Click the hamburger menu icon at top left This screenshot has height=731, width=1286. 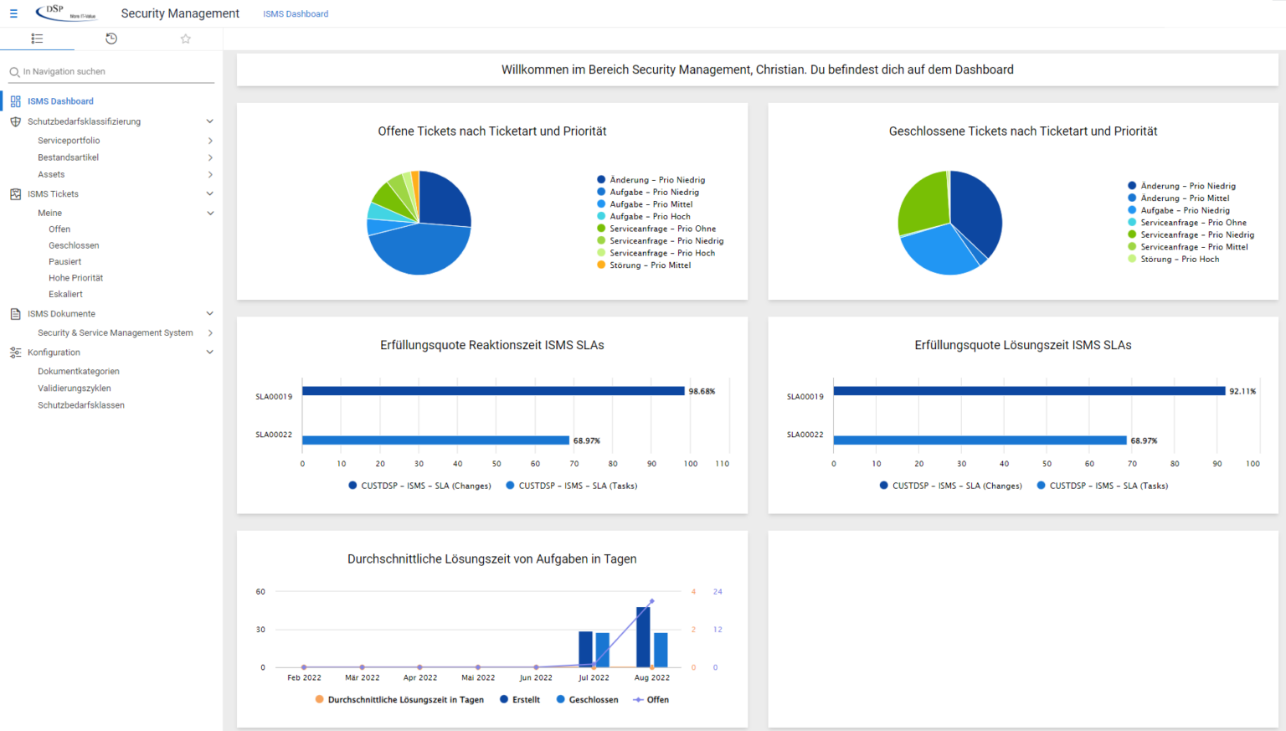click(x=13, y=13)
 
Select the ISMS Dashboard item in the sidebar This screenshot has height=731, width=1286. click(x=60, y=101)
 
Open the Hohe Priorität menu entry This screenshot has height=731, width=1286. click(x=75, y=278)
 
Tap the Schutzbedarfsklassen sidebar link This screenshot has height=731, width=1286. click(x=80, y=405)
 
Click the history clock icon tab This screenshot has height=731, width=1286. click(x=111, y=39)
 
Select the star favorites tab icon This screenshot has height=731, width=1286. click(x=186, y=39)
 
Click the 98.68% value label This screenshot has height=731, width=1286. click(x=702, y=391)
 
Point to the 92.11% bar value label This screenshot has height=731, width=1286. click(x=1242, y=391)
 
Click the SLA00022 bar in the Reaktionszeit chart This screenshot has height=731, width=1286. click(x=435, y=440)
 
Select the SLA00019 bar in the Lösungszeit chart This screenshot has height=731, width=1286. click(x=1028, y=391)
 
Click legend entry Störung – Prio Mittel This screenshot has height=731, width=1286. click(x=650, y=265)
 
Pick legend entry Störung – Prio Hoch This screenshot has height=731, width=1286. click(x=1179, y=260)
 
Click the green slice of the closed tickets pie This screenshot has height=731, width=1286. click(x=921, y=205)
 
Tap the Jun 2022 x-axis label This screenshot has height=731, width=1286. click(x=536, y=678)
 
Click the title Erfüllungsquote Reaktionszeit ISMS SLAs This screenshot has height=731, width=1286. click(x=491, y=345)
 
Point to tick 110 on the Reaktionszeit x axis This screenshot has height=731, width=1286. click(x=722, y=464)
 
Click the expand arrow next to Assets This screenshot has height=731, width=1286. click(x=210, y=175)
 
